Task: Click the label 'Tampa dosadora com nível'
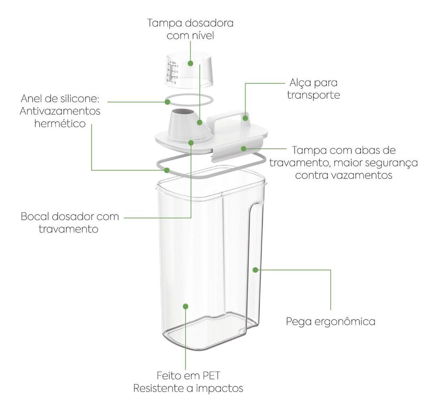pyautogui.click(x=190, y=29)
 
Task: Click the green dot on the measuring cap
pyautogui.click(x=191, y=63)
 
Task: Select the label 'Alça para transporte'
pyautogui.click(x=313, y=89)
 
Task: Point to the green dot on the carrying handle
pyautogui.click(x=246, y=117)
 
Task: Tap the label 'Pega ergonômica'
pyautogui.click(x=331, y=322)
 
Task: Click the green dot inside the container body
pyautogui.click(x=186, y=306)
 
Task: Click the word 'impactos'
pyautogui.click(x=222, y=388)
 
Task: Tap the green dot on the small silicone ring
pyautogui.click(x=167, y=102)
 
